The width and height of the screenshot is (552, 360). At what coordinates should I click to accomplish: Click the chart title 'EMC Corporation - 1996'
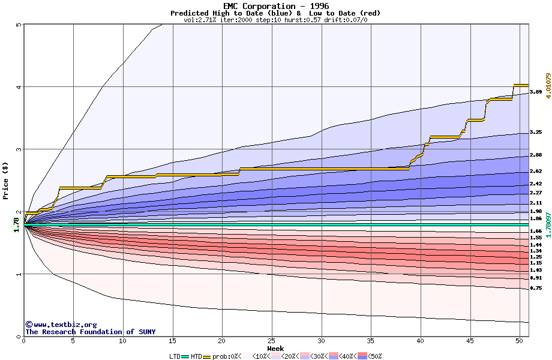(275, 5)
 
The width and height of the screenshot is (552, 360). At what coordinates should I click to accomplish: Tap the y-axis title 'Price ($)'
(5, 181)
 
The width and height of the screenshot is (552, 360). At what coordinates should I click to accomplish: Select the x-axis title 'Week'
(275, 349)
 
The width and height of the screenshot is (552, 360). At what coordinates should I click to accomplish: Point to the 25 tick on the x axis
(272, 341)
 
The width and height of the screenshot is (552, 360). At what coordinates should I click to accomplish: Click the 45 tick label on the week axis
(470, 341)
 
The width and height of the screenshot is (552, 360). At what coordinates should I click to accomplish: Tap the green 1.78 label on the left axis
(16, 224)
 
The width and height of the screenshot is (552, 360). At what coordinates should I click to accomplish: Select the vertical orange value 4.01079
(548, 86)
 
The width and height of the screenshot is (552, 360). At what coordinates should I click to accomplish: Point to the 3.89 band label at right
(536, 92)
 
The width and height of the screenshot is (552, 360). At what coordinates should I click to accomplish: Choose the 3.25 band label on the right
(536, 133)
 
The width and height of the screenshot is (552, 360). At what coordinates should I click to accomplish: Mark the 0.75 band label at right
(536, 289)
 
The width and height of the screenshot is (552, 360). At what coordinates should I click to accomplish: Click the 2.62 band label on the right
(536, 172)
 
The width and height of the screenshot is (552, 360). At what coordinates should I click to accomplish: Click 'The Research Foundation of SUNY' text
(90, 332)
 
